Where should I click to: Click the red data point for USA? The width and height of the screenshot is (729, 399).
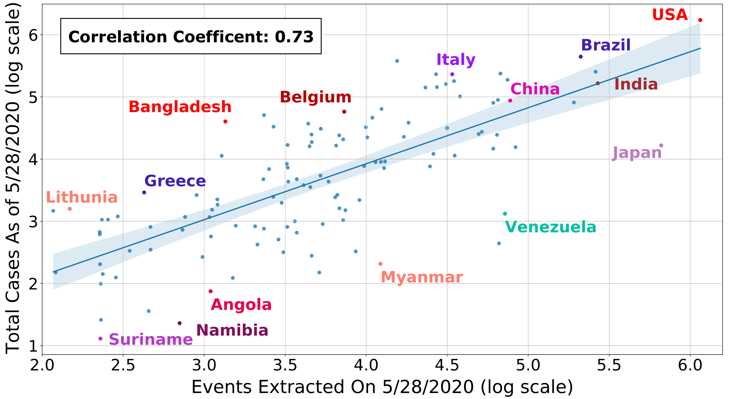click(x=700, y=20)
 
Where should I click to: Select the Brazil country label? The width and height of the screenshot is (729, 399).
click(x=606, y=45)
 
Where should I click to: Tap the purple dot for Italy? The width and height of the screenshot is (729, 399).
click(x=452, y=74)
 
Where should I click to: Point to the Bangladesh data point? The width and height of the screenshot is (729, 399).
click(x=226, y=121)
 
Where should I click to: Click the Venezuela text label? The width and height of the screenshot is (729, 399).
click(x=551, y=227)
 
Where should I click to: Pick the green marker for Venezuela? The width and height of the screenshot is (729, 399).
click(x=505, y=214)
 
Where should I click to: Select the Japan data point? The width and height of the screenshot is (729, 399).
click(x=661, y=146)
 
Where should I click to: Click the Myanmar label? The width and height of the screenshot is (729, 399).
click(x=422, y=277)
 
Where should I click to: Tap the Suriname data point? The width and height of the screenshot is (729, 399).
click(x=100, y=339)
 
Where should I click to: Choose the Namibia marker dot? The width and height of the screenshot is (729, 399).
click(x=180, y=323)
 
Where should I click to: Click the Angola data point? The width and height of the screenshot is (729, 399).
click(x=211, y=291)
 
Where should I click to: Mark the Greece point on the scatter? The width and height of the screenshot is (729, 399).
click(x=144, y=192)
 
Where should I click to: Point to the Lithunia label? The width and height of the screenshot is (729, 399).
click(x=82, y=197)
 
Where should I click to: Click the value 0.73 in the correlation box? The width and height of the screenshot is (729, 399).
click(x=294, y=37)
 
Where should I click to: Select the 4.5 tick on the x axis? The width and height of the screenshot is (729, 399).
click(x=447, y=366)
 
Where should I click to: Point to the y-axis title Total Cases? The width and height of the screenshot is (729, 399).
click(x=13, y=179)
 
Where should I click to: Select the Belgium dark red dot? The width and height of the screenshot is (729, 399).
click(x=344, y=112)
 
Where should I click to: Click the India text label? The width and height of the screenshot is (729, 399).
click(x=636, y=84)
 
